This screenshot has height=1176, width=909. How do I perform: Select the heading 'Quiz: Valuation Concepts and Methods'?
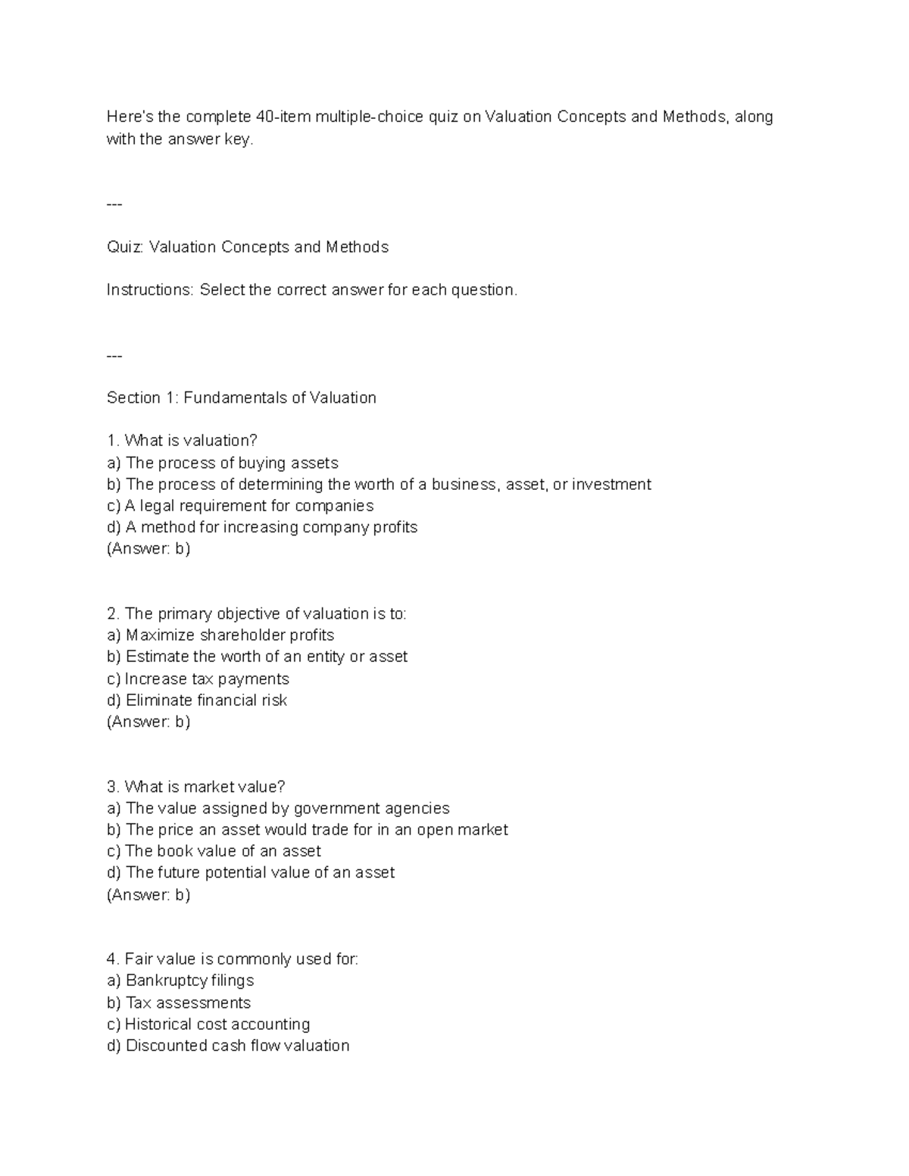247,247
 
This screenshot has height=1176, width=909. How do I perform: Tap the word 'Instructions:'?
150,290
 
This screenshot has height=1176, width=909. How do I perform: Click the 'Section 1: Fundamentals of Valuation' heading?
241,398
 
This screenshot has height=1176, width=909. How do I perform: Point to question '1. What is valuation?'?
182,441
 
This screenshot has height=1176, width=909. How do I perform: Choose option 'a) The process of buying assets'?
222,463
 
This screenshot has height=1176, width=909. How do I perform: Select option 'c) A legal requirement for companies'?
240,506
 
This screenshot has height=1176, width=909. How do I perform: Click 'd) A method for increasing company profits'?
262,527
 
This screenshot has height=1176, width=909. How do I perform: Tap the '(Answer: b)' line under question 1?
148,549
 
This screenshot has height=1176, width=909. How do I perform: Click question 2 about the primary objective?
256,613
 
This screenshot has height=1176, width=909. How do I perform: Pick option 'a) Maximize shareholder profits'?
220,635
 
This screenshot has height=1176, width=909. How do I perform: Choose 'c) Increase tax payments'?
198,678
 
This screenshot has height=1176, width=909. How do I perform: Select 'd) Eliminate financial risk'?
197,700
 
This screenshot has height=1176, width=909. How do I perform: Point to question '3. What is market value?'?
195,787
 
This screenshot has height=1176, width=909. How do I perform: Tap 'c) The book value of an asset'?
214,851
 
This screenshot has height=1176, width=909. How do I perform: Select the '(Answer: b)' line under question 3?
148,895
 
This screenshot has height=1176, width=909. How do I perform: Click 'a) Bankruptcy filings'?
180,981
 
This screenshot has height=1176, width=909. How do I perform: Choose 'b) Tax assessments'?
179,1003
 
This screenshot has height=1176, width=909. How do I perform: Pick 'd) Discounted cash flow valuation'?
228,1046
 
